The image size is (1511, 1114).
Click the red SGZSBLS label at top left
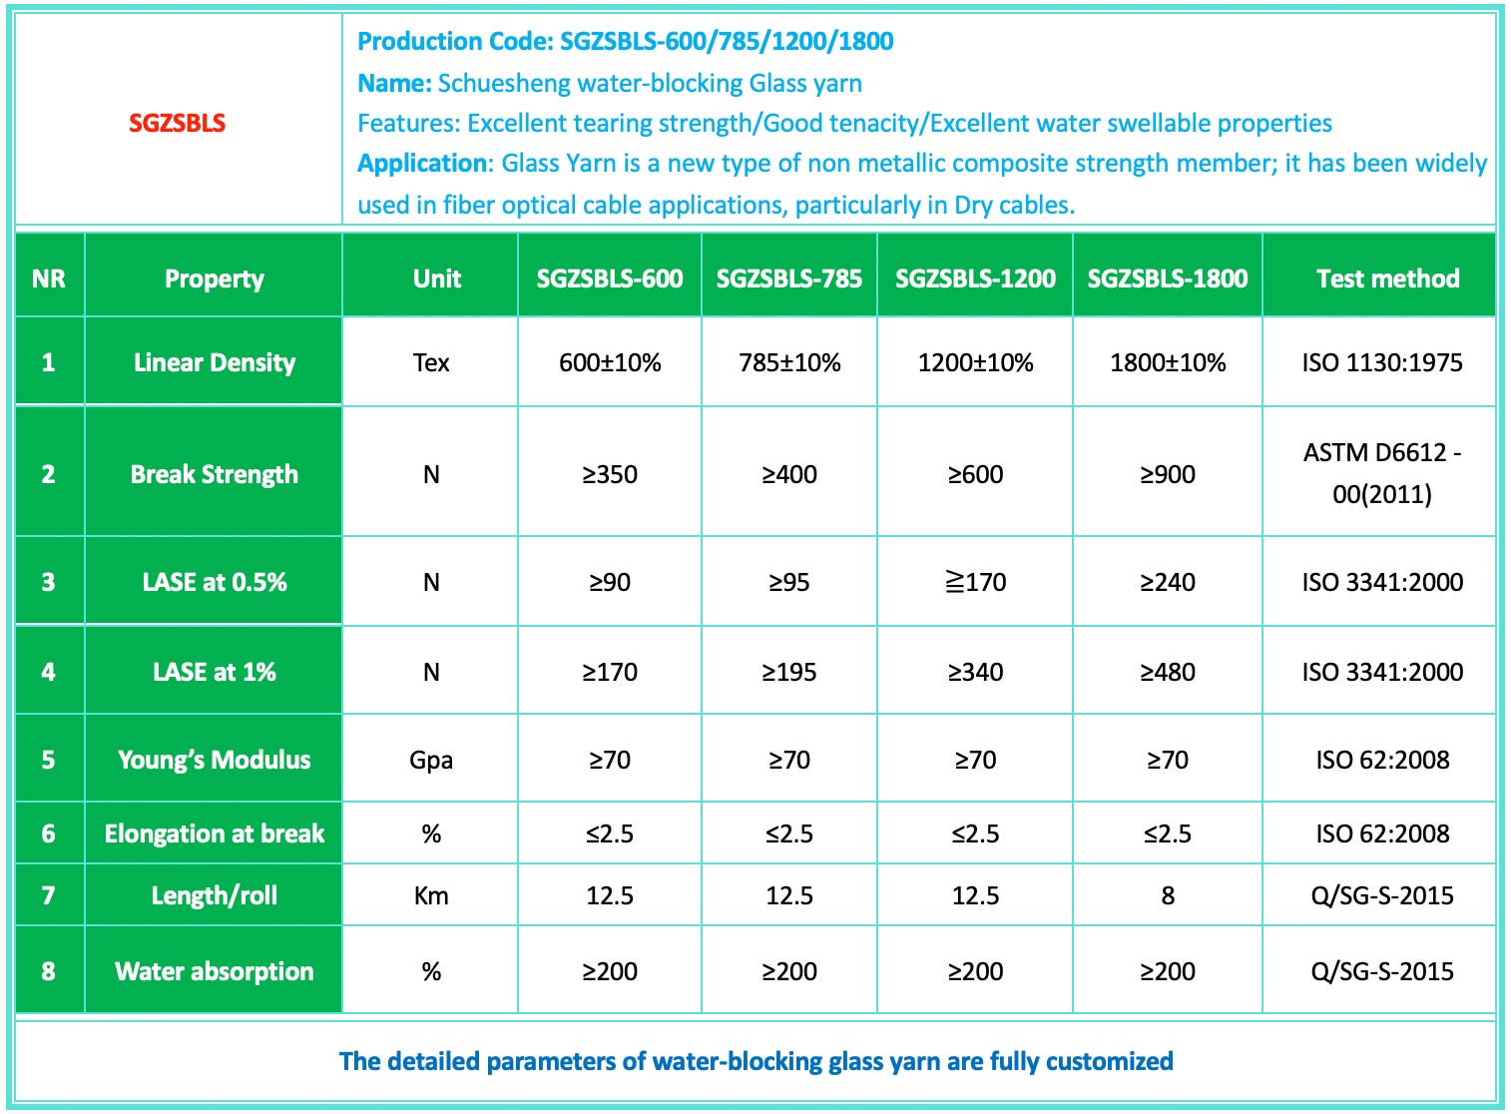point(178,123)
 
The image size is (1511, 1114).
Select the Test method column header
point(1387,278)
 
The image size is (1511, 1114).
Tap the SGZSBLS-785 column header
point(788,278)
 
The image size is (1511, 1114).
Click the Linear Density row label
point(215,362)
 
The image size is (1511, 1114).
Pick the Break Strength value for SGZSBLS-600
point(610,474)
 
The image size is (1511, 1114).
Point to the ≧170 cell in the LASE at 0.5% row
point(975,582)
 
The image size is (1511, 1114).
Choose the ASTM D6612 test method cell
point(1381,473)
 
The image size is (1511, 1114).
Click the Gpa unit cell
point(431,760)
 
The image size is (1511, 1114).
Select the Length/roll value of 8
point(1167,895)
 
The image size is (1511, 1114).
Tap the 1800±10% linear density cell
point(1167,362)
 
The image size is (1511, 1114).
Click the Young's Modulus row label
point(215,760)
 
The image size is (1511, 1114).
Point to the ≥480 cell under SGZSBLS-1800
point(1167,672)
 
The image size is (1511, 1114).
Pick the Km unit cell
point(431,895)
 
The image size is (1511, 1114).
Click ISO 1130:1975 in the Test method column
point(1381,362)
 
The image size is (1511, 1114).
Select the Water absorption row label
point(215,971)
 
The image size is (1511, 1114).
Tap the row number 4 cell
point(48,672)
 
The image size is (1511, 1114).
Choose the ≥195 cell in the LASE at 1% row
point(788,672)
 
